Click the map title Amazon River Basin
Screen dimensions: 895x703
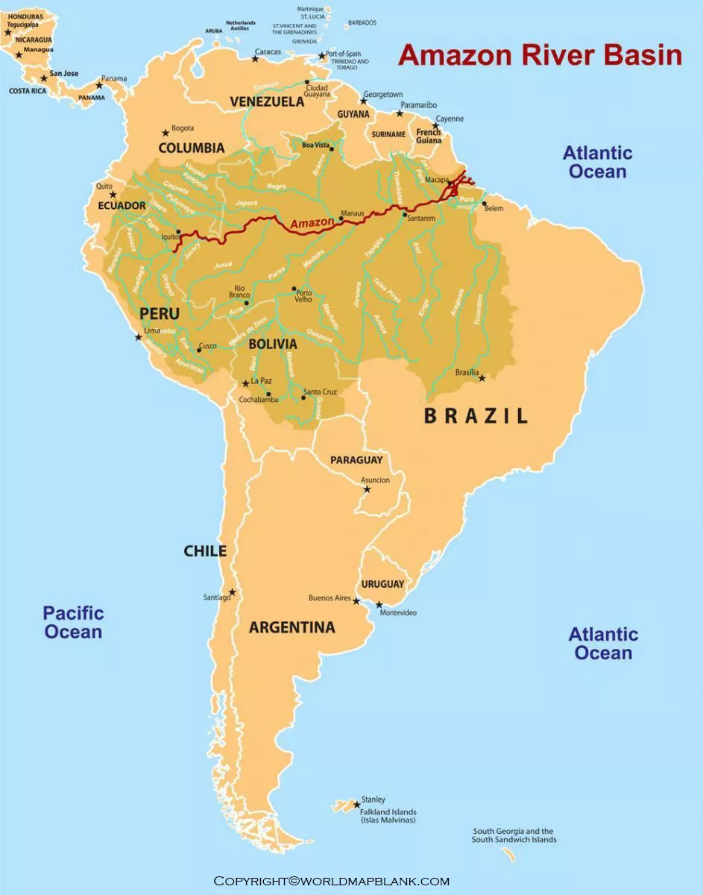540,56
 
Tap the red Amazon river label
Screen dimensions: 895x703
312,223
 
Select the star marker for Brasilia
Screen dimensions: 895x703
482,378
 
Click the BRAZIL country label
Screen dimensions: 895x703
476,416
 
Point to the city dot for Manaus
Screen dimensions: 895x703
341,219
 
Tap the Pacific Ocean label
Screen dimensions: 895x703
73,622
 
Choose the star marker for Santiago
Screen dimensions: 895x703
232,592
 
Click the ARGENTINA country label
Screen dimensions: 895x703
292,628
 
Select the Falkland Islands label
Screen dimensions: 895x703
388,815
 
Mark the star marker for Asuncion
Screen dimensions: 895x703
367,489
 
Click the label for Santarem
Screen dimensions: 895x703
421,218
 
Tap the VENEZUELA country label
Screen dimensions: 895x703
267,102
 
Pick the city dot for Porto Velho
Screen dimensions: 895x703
294,288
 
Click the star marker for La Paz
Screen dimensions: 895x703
245,384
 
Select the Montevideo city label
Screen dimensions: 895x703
398,612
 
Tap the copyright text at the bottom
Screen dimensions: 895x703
332,882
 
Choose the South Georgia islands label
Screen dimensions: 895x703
514,835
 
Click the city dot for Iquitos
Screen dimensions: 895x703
179,232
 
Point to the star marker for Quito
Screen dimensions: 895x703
113,195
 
